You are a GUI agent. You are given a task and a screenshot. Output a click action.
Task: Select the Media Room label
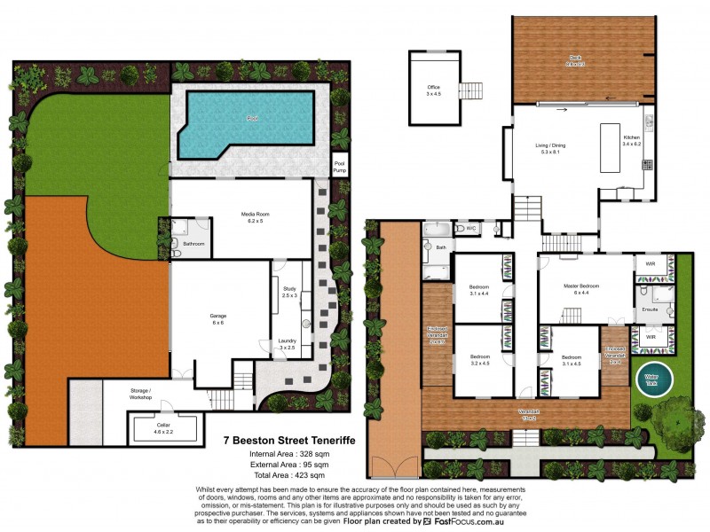255,215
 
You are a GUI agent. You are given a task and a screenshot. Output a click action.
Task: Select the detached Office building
433,89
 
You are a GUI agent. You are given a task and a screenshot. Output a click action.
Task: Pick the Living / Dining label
550,147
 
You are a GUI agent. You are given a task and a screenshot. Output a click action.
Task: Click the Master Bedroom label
581,288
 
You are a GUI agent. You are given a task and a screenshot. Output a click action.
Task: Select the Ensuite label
650,309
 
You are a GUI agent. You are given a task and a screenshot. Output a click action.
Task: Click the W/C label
471,229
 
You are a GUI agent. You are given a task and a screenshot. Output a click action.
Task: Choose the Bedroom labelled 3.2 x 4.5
480,360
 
